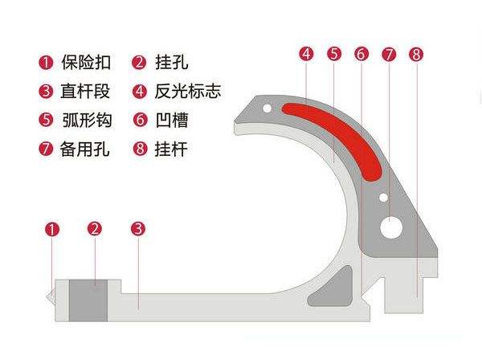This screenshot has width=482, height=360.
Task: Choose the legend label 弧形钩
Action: tap(88, 120)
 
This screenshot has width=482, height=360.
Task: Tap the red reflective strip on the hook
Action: tap(337, 129)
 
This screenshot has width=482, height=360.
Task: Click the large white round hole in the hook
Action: tap(393, 227)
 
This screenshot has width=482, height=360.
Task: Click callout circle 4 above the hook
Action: tap(306, 55)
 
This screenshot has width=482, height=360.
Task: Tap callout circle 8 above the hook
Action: tap(415, 55)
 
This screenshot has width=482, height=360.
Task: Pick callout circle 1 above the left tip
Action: tap(52, 229)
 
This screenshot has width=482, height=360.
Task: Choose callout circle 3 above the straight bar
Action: tap(138, 229)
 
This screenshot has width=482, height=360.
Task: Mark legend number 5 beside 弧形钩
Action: tap(46, 120)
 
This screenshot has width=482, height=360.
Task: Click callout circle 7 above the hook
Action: tap(389, 55)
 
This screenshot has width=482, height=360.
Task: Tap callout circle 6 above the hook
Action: tap(361, 55)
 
